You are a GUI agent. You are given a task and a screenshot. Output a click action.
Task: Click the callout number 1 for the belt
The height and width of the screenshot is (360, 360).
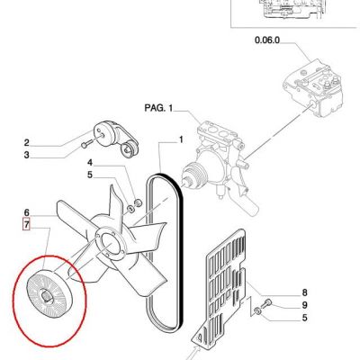pyautogui.click(x=181, y=139)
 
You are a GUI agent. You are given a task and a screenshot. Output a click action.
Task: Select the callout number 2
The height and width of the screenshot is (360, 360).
pyautogui.click(x=27, y=143)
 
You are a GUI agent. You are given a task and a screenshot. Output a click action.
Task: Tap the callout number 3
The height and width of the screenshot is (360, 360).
pyautogui.click(x=27, y=155)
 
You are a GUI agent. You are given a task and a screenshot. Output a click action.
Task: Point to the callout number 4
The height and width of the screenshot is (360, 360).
pyautogui.click(x=90, y=163)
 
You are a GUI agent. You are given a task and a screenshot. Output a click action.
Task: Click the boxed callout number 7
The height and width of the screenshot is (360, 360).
pyautogui.click(x=27, y=225)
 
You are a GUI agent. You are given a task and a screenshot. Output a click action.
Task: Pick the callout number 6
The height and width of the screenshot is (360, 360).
pyautogui.click(x=27, y=212)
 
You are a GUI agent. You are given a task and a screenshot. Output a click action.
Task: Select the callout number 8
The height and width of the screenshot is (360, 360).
pyautogui.click(x=304, y=292)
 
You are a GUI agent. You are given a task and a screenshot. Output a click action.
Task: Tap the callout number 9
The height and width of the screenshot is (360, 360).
pyautogui.click(x=304, y=305)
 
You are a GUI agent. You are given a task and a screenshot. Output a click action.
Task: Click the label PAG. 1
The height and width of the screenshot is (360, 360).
pyautogui.click(x=158, y=108)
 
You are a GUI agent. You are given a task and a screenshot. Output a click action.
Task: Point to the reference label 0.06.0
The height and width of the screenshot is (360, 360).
pyautogui.click(x=267, y=40)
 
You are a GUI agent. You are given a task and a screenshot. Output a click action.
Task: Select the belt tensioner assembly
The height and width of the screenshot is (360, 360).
pyautogui.click(x=116, y=139)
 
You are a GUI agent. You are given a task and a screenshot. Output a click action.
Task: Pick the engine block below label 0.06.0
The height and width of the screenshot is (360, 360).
pyautogui.click(x=313, y=86)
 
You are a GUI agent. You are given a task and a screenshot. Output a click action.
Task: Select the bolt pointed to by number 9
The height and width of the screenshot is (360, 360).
pyautogui.click(x=266, y=303)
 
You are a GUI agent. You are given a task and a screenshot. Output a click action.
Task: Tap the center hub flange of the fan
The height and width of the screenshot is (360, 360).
pyautogui.click(x=111, y=246)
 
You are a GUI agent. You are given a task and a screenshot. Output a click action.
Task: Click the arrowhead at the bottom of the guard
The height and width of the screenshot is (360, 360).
pyautogui.click(x=196, y=349)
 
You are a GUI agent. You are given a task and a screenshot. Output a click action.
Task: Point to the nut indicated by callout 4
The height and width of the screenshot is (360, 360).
pyautogui.click(x=138, y=202)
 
